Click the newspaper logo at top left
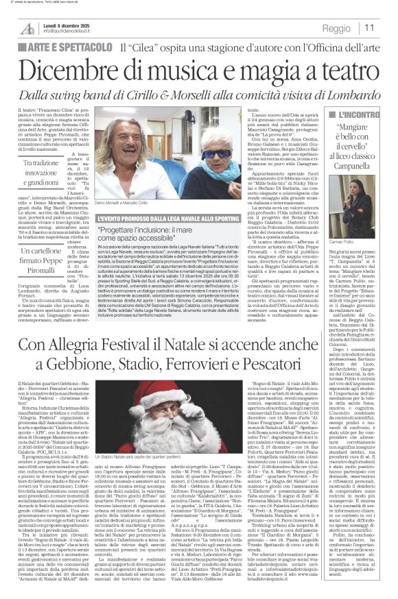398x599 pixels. coord(27,28)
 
